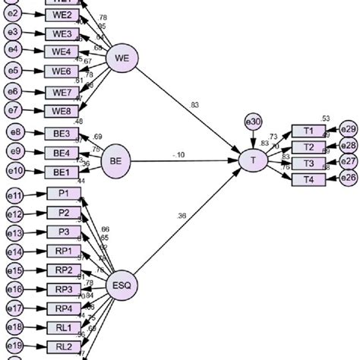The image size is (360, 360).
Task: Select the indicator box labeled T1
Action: click(308, 130)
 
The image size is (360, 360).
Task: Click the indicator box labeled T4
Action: click(308, 178)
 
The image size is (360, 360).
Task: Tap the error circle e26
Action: click(349, 178)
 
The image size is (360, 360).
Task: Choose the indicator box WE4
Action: click(63, 52)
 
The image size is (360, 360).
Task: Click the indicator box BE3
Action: click(63, 134)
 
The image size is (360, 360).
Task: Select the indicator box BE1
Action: click(63, 172)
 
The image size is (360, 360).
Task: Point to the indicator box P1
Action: click(63, 194)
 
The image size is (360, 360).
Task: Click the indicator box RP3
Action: click(63, 289)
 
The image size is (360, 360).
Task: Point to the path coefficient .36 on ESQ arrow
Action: click(182, 216)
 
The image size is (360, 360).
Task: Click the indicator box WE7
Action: click(63, 91)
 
